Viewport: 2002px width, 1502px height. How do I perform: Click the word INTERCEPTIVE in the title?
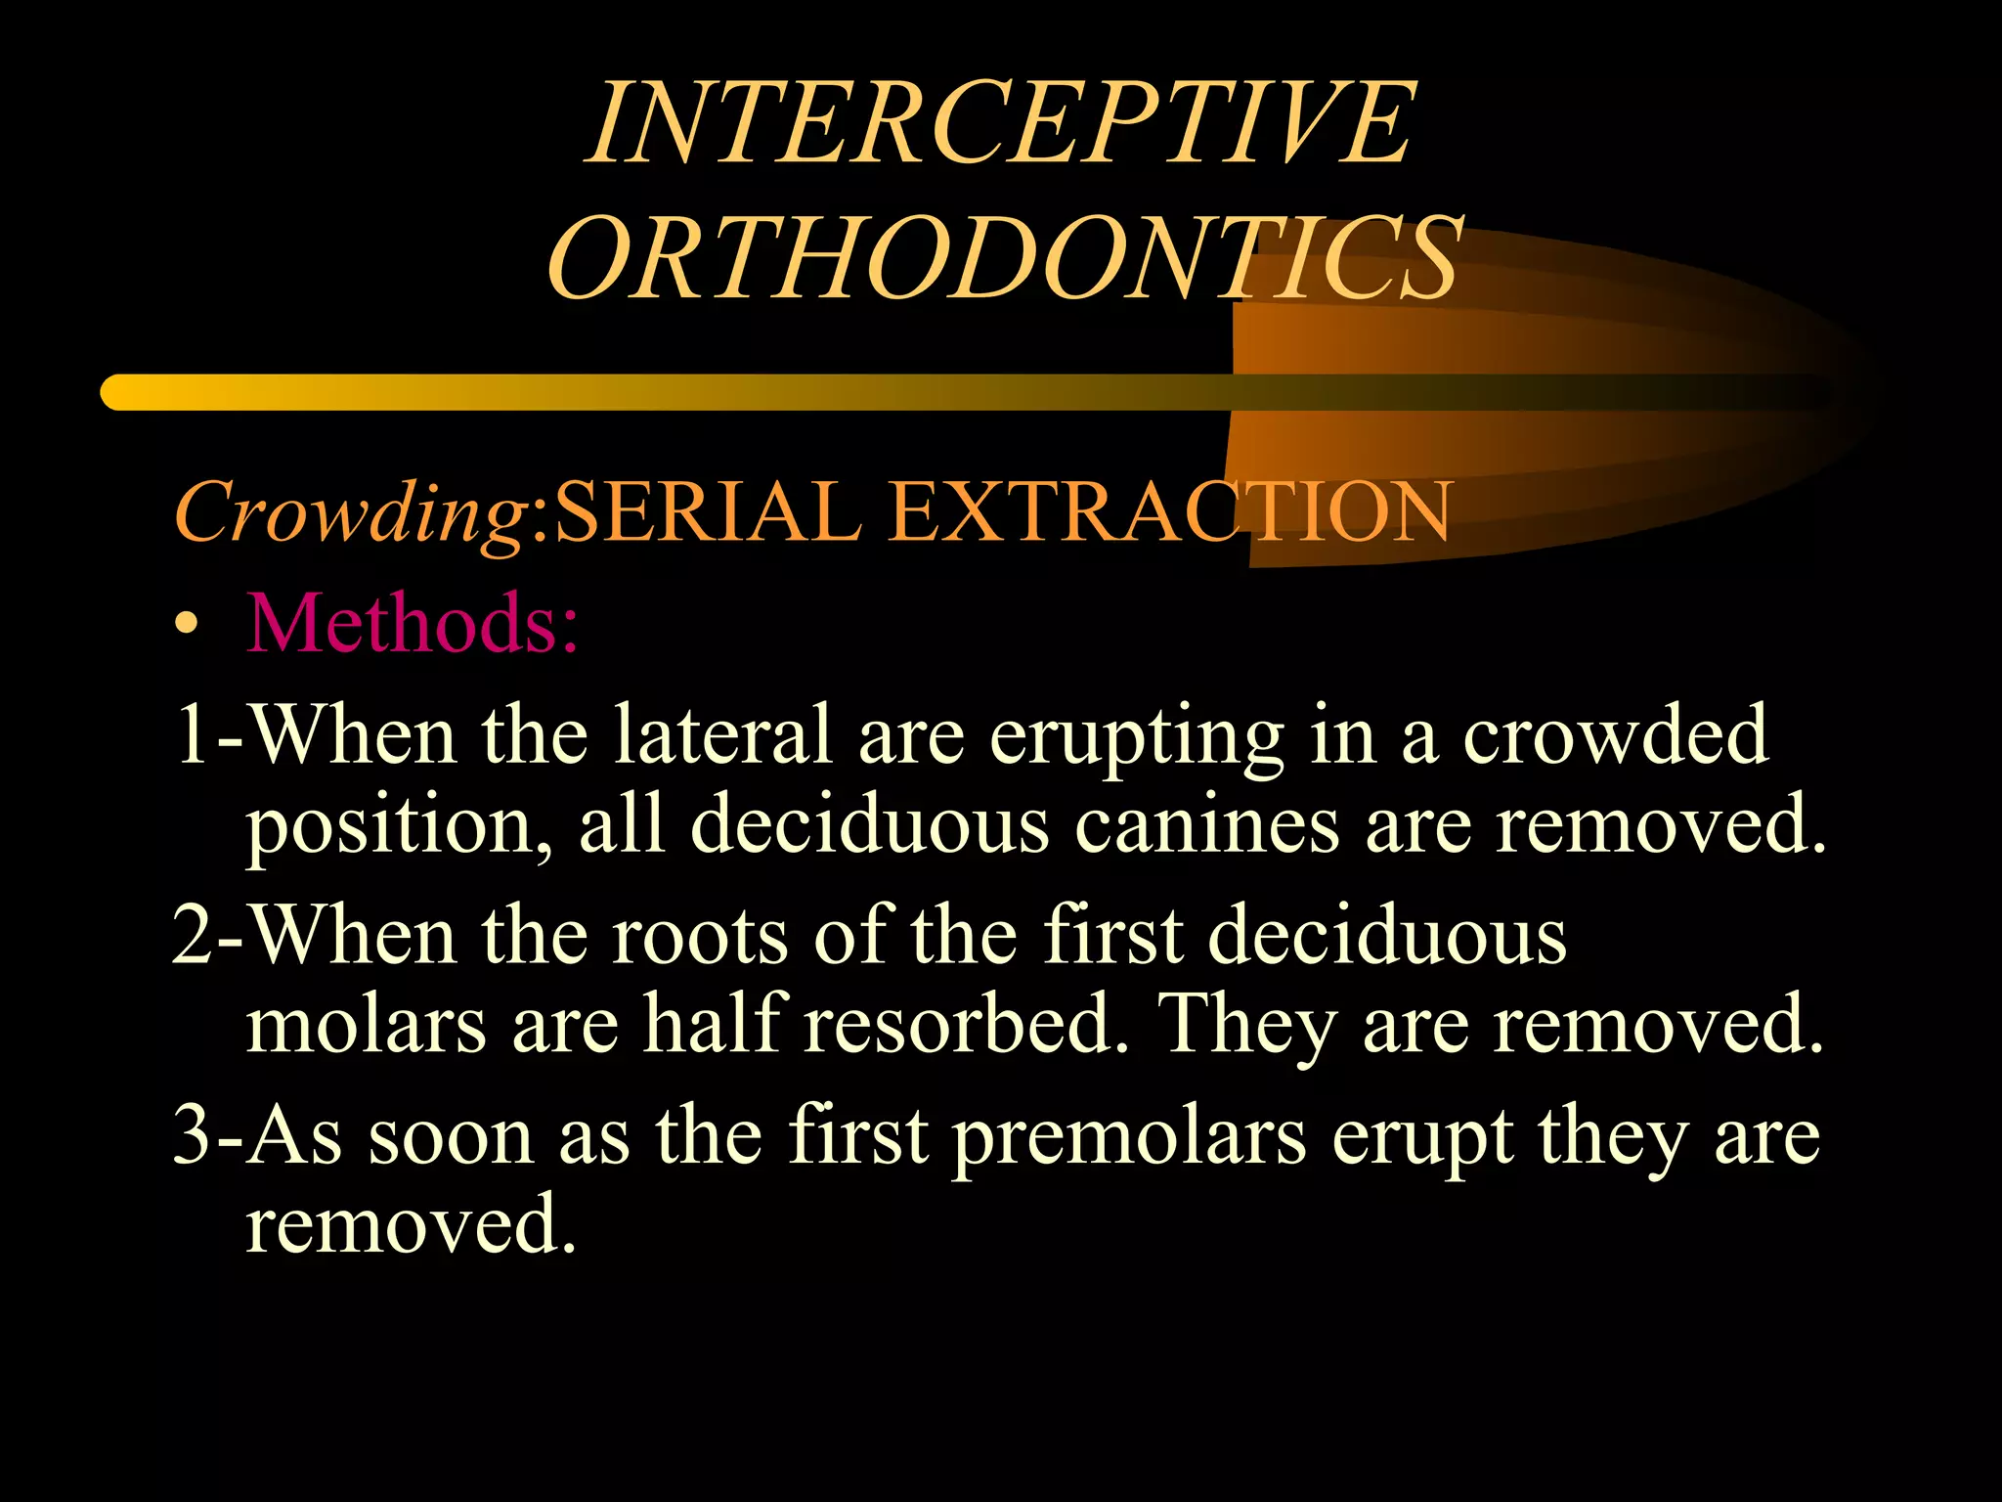click(1001, 123)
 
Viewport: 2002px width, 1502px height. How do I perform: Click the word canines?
click(1206, 823)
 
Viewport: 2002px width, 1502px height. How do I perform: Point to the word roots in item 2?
click(700, 935)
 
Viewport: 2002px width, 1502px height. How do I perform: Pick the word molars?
click(366, 1025)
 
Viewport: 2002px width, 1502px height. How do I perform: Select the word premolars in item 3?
click(1129, 1138)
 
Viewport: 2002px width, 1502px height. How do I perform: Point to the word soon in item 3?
click(450, 1138)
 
